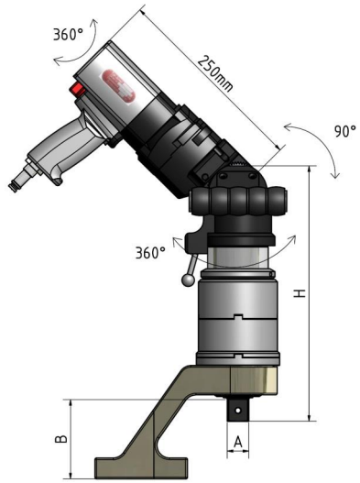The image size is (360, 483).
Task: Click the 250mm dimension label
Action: pyautogui.click(x=215, y=73)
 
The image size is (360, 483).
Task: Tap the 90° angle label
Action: pyautogui.click(x=344, y=131)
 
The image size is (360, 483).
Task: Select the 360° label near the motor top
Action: pyautogui.click(x=68, y=34)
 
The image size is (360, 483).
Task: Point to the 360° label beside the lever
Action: pyautogui.click(x=150, y=253)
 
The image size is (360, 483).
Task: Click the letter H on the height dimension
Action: pyautogui.click(x=300, y=293)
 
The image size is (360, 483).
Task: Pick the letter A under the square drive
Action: pyautogui.click(x=238, y=443)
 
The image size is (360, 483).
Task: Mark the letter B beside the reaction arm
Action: pyautogui.click(x=61, y=439)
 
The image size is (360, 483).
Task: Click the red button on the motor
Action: pyautogui.click(x=77, y=89)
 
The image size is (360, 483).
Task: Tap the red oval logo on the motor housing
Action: pyautogui.click(x=118, y=85)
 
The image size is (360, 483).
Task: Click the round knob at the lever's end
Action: pyautogui.click(x=188, y=280)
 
